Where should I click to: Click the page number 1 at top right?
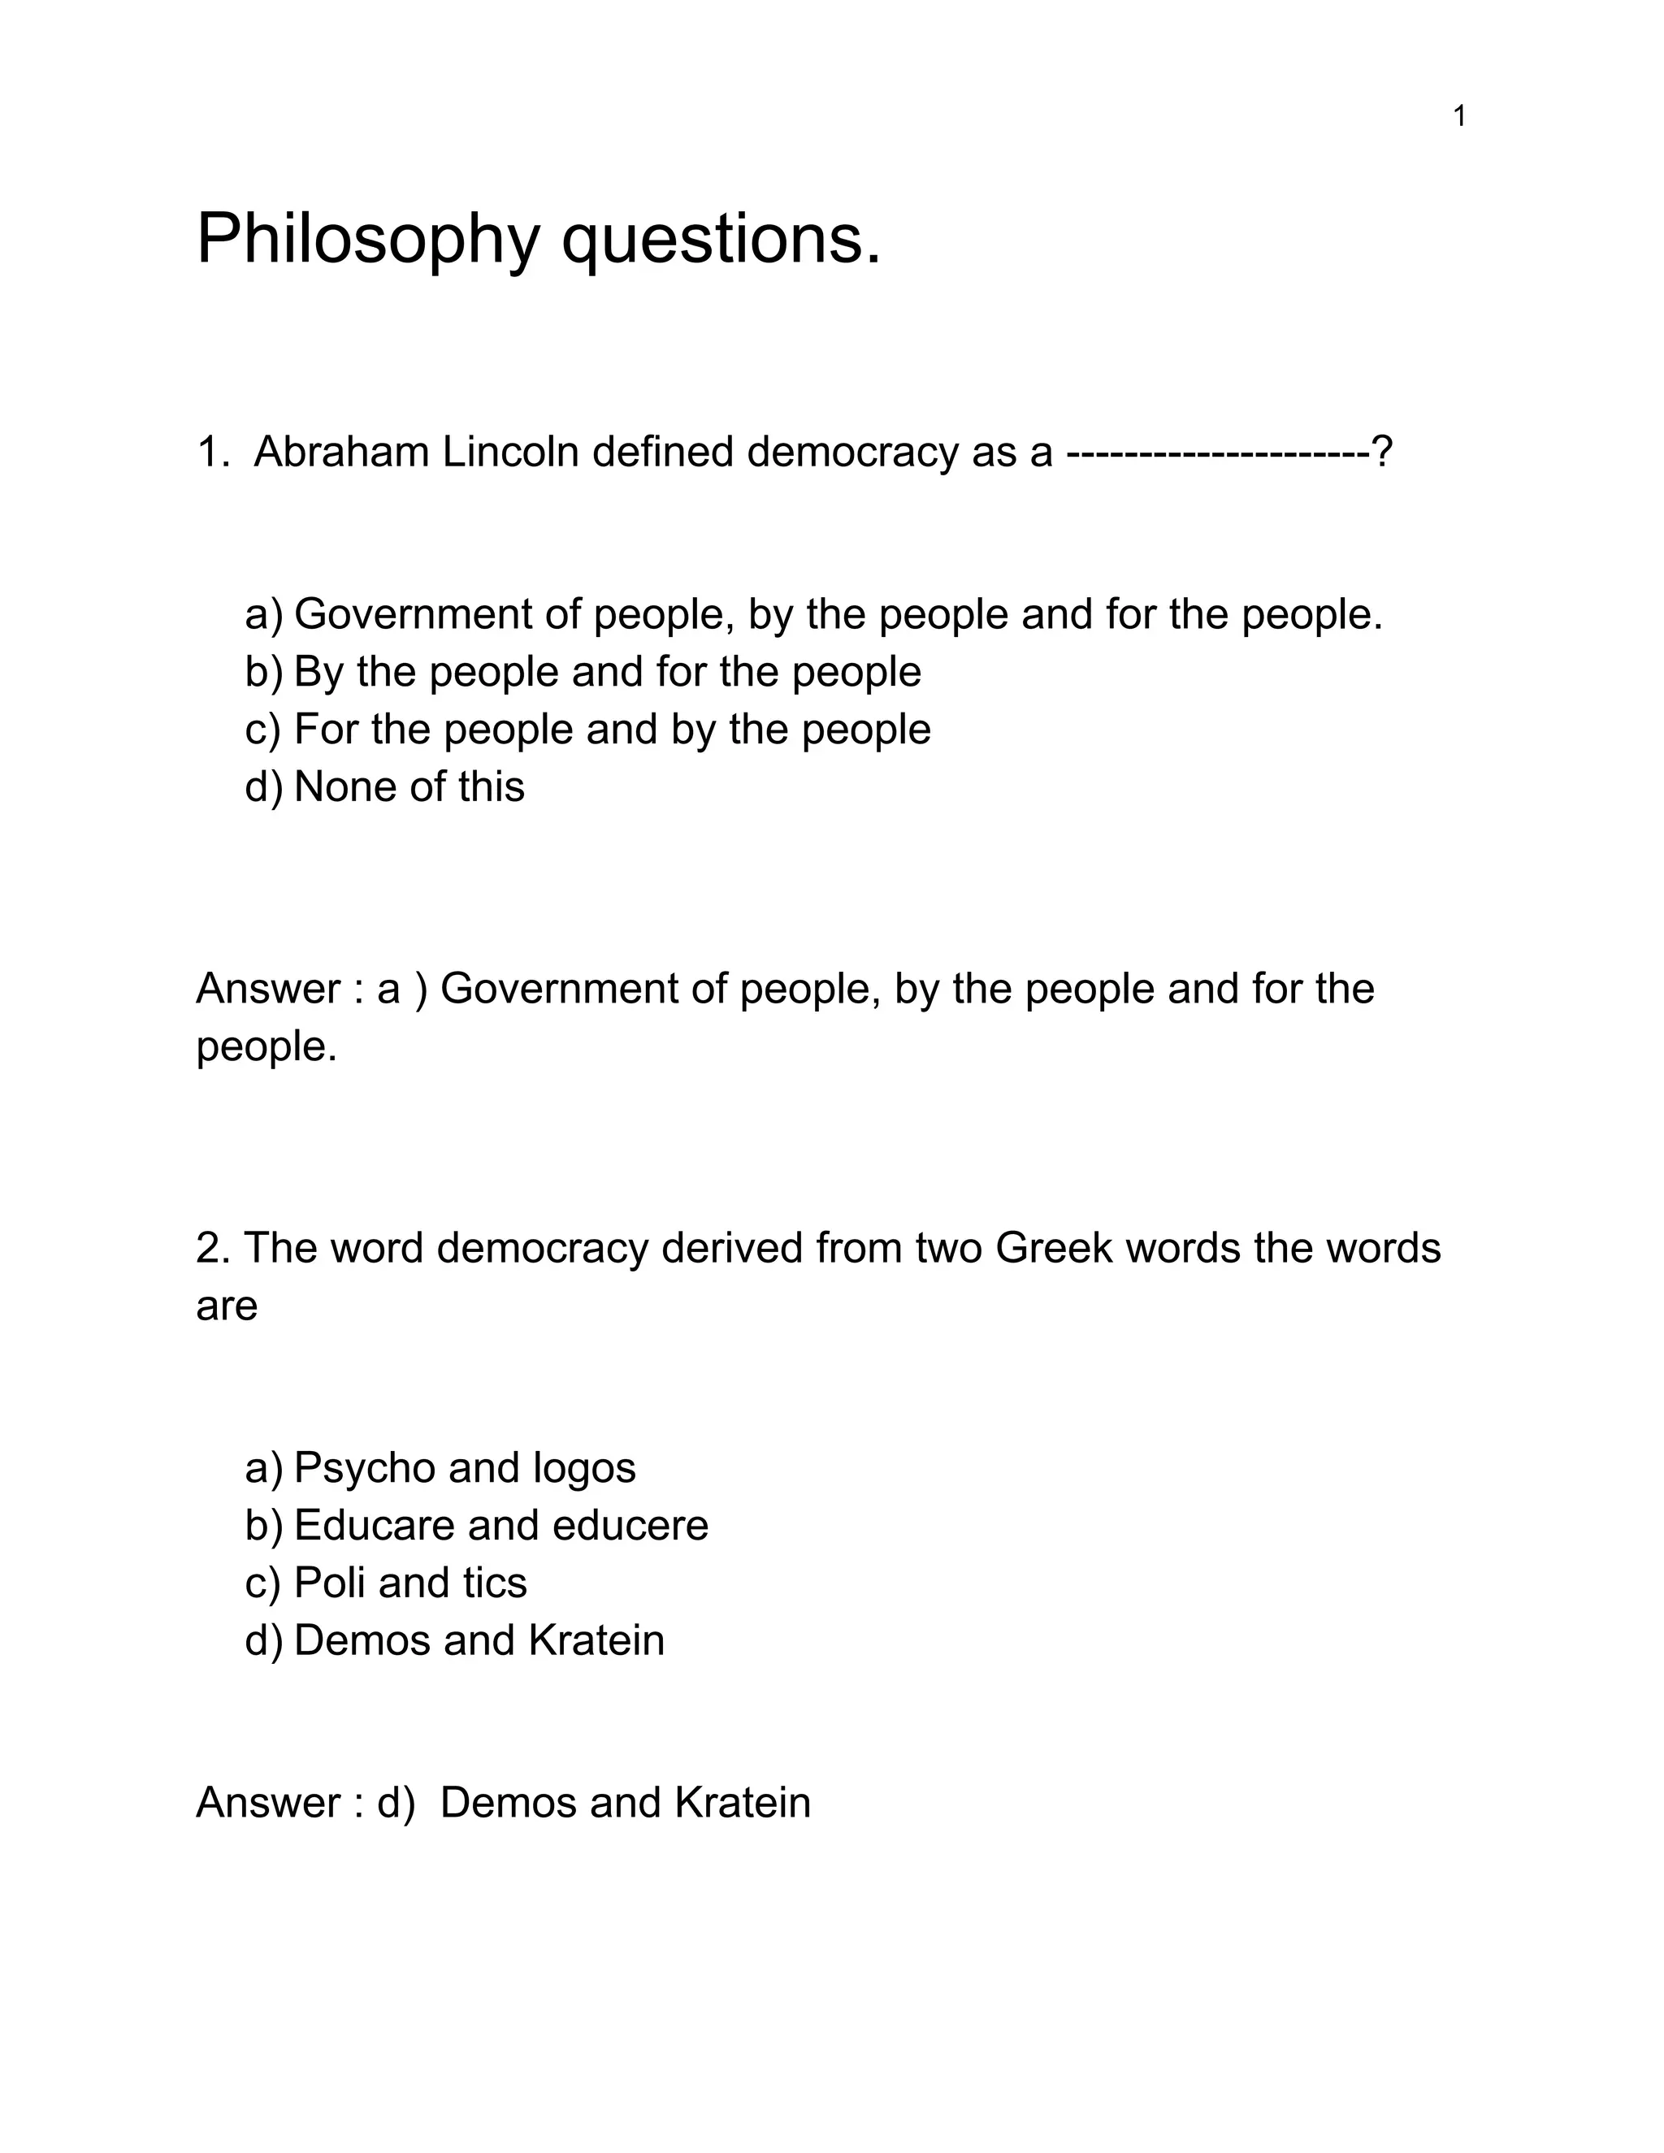click(1459, 117)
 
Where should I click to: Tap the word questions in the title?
click(720, 240)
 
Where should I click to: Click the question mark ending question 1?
click(1382, 453)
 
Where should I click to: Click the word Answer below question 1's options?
click(268, 989)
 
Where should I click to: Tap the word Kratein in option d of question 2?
click(596, 1640)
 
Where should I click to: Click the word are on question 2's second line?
click(227, 1306)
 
